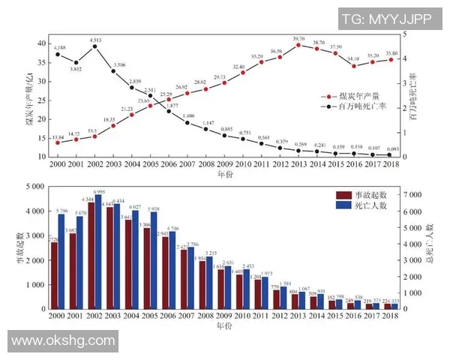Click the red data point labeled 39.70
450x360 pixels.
click(298, 45)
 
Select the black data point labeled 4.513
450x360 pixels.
click(94, 46)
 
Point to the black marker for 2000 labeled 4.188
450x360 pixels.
click(58, 54)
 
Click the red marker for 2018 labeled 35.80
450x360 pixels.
click(391, 59)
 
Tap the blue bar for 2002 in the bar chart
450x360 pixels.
click(98, 252)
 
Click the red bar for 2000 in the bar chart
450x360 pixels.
click(54, 275)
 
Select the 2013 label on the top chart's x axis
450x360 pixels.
click(298, 163)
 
